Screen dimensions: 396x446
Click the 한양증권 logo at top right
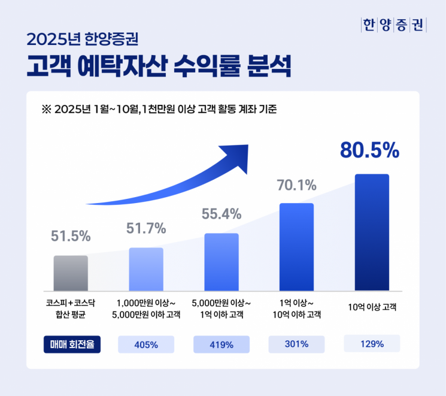393,26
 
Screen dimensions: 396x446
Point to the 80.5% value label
369,151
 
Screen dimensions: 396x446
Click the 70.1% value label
296,185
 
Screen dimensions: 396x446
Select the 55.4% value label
221,214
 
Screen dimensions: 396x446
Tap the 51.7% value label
146,228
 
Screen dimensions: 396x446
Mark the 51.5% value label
71,236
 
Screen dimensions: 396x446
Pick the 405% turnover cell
146,344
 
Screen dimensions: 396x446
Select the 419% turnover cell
222,344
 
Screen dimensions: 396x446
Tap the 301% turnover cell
296,344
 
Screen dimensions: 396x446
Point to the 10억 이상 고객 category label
372,308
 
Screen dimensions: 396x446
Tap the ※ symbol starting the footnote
45,110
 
